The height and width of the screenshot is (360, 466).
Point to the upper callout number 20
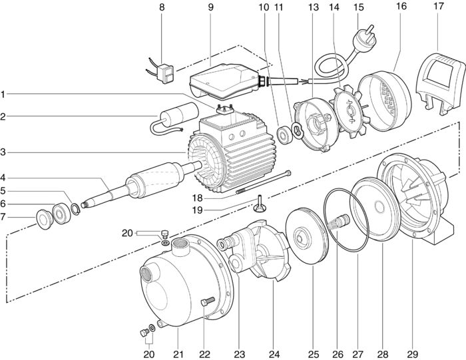tap(126, 232)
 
